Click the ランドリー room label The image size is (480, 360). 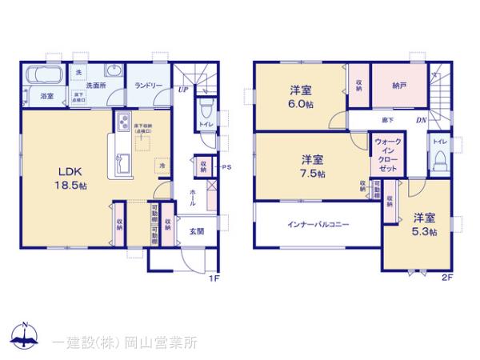[149, 85]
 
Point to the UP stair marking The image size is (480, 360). [184, 90]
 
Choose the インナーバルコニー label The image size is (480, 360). [318, 225]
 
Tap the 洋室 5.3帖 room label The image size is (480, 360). [425, 225]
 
